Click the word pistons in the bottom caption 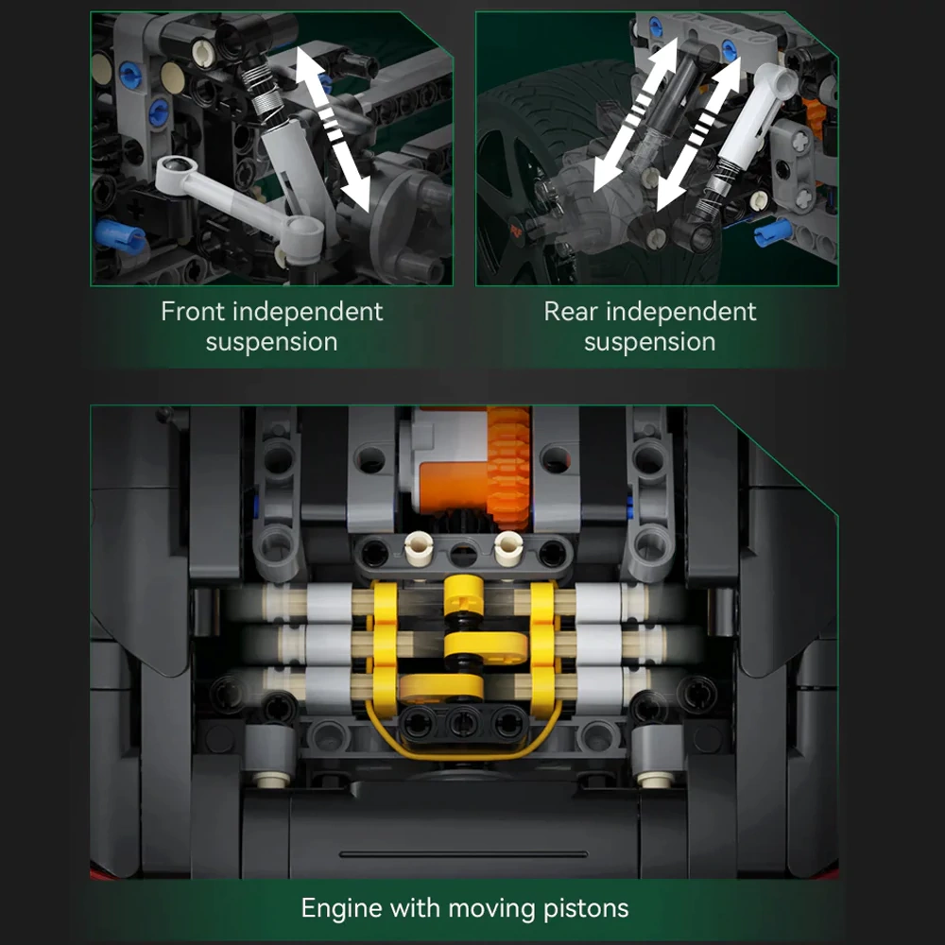586,909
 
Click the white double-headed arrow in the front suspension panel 333,129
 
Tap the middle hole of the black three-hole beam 462,721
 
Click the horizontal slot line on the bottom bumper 463,854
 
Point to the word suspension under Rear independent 650,342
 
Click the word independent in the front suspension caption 307,312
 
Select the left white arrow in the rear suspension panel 635,114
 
